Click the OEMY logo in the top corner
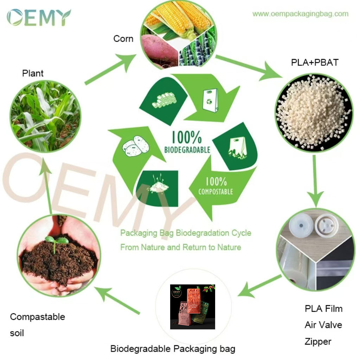[x=38, y=17]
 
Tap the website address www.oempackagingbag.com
[x=300, y=14]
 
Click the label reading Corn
[x=123, y=39]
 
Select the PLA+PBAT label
[x=315, y=63]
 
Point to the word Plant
[x=33, y=73]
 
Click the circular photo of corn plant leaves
[x=45, y=116]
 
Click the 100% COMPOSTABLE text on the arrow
[x=216, y=186]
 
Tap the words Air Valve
[x=323, y=325]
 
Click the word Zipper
[x=318, y=341]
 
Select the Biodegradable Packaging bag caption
[x=173, y=349]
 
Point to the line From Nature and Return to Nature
[x=181, y=247]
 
